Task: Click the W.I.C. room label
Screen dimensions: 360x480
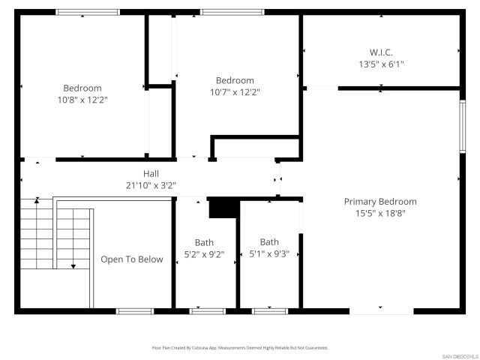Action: coord(381,52)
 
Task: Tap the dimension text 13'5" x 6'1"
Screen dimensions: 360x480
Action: coord(381,64)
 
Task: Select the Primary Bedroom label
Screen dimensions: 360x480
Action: coord(380,202)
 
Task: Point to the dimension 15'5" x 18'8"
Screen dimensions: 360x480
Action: coord(380,213)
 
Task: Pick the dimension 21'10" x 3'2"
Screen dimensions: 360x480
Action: coord(151,185)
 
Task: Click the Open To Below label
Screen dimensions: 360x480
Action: coord(132,259)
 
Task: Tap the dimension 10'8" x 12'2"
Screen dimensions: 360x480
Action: coord(82,100)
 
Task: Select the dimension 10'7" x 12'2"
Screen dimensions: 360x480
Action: coord(235,92)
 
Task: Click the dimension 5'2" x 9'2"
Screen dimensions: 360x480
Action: coord(204,253)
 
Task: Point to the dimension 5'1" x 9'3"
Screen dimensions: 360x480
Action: coord(269,253)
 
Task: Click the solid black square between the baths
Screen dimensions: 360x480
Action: coord(223,208)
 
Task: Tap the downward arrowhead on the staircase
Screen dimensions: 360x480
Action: coord(73,266)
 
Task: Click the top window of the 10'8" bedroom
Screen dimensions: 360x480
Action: coord(88,12)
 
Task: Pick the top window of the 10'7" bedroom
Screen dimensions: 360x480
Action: coord(232,12)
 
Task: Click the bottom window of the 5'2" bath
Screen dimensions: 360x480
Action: coord(207,310)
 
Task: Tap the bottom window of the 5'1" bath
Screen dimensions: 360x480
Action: coord(270,310)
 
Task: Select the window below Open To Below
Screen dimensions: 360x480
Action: coord(135,310)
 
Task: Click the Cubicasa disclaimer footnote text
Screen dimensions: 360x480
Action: coord(239,348)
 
